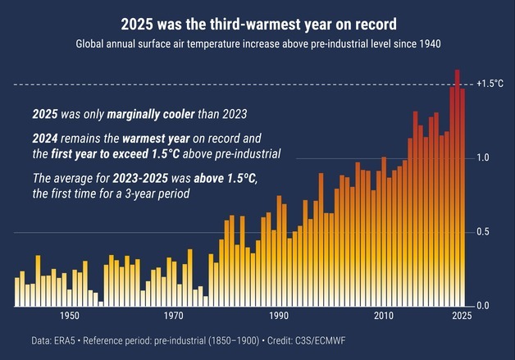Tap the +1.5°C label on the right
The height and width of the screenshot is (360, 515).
click(489, 84)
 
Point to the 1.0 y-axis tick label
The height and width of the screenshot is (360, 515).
click(484, 157)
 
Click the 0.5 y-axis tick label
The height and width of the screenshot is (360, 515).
click(484, 232)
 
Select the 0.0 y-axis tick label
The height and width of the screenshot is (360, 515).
click(484, 306)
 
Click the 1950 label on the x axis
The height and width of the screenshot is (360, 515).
click(69, 316)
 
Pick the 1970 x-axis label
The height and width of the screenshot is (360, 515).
click(174, 316)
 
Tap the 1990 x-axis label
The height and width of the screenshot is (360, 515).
click(279, 316)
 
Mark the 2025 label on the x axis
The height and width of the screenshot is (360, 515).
click(461, 316)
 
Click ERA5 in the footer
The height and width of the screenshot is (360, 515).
click(66, 339)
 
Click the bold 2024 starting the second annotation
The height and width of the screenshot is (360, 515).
click(45, 139)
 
